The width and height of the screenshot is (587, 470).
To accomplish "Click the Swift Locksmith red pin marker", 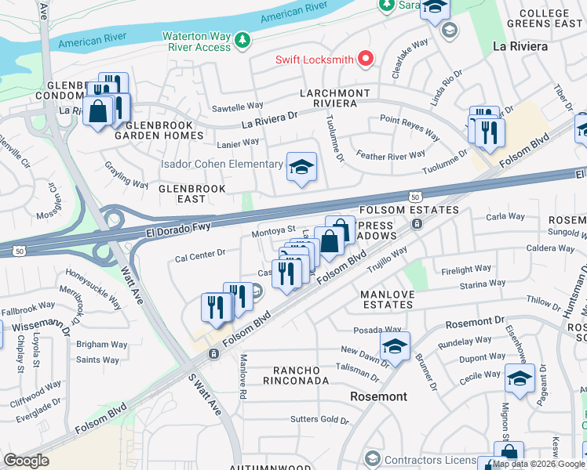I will [365, 60].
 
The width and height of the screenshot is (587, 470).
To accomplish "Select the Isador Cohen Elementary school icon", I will [301, 167].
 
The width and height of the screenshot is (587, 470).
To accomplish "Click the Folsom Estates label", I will [409, 210].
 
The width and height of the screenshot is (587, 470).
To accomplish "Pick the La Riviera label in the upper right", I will [519, 46].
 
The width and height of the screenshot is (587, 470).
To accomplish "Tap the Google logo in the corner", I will [27, 460].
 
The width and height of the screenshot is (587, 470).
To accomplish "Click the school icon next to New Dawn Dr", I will [396, 346].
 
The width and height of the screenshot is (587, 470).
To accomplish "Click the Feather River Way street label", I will [391, 155].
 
